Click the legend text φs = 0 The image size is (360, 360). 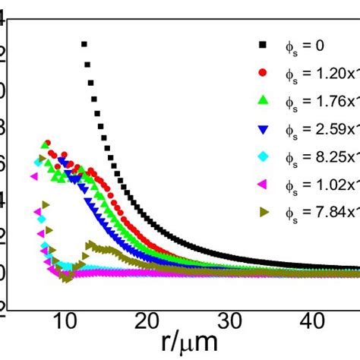tap(305, 46)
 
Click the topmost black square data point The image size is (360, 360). tap(84, 44)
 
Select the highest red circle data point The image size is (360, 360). tap(47, 143)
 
